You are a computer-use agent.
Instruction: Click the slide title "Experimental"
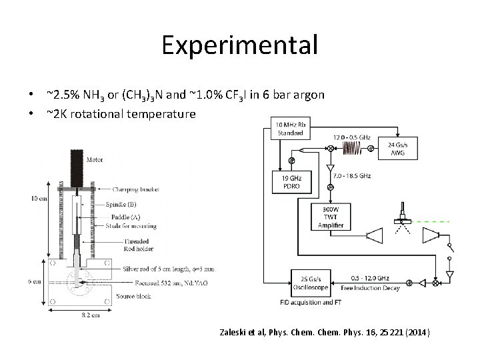click(x=239, y=45)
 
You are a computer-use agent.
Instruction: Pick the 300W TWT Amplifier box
click(x=331, y=217)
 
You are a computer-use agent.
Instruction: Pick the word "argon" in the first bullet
click(x=309, y=95)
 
